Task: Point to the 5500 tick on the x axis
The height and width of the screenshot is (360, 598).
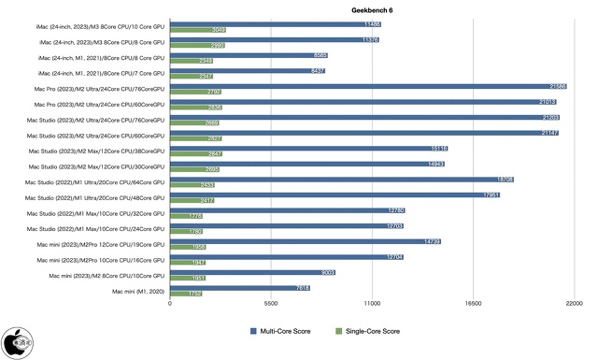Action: (x=271, y=304)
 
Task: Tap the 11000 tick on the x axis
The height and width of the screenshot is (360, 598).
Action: (x=372, y=304)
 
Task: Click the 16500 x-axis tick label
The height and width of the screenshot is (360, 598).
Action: (x=474, y=304)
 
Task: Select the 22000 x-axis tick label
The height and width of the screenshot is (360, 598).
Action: (x=574, y=304)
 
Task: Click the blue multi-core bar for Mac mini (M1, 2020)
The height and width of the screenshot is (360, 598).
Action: (x=239, y=288)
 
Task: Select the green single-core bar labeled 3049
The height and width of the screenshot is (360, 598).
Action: (x=197, y=30)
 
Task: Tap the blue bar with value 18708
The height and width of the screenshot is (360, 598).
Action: (x=341, y=179)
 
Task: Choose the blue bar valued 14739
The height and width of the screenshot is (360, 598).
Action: (x=305, y=241)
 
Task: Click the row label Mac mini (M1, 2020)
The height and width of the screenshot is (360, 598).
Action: (x=138, y=292)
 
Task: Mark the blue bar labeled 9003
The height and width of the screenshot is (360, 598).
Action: (x=252, y=272)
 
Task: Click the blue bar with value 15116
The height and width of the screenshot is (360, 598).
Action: (x=308, y=148)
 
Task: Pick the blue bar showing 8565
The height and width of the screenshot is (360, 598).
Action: (x=248, y=55)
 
